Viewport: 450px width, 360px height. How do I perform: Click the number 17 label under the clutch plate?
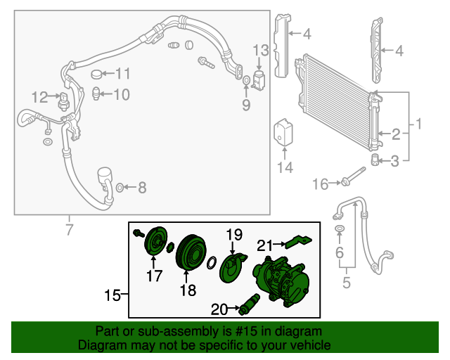[x=154, y=276]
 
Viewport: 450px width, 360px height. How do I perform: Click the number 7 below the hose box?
[x=69, y=229]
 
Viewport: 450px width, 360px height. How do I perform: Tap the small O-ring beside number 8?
[x=120, y=187]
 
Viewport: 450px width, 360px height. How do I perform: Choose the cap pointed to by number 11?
[x=97, y=74]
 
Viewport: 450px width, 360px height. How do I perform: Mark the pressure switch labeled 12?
[x=64, y=98]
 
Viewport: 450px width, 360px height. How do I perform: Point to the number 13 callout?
[x=260, y=49]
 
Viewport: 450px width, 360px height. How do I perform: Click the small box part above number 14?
[x=284, y=131]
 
